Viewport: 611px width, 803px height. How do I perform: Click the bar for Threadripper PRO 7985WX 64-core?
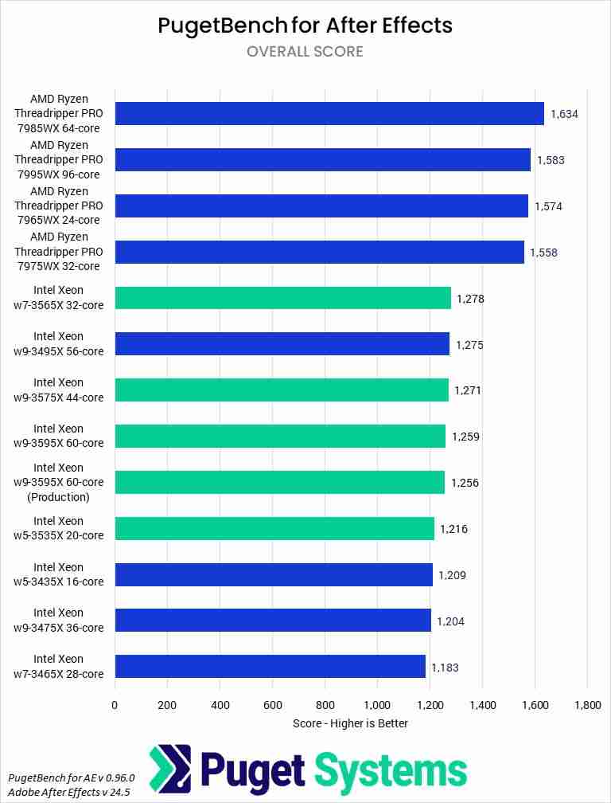coord(329,114)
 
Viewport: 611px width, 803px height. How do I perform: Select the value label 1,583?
coord(551,160)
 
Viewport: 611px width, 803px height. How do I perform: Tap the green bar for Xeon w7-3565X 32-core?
coord(282,299)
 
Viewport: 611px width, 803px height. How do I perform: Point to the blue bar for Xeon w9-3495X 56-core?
coord(282,345)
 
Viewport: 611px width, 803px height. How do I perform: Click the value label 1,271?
coord(467,391)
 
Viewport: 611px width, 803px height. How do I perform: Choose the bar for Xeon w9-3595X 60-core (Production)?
coord(279,483)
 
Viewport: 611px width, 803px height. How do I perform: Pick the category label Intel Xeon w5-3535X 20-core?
coord(58,528)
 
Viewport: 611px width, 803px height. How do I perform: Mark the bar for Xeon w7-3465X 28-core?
coord(270,667)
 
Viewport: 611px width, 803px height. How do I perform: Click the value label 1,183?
coord(445,668)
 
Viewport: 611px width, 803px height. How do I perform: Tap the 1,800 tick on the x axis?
coord(586,705)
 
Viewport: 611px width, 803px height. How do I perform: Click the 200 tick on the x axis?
coord(167,705)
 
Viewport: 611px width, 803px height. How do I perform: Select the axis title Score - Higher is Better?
coord(350,723)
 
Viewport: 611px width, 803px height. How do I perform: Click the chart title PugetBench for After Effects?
coord(305,25)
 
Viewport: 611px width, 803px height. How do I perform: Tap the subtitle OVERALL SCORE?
coord(305,52)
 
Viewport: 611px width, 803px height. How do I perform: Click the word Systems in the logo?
coord(390,770)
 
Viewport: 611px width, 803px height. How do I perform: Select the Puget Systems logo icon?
coord(169,770)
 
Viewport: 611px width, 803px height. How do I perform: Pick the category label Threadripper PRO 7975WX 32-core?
coord(58,252)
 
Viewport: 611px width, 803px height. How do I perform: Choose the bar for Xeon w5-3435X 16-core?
coord(274,574)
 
